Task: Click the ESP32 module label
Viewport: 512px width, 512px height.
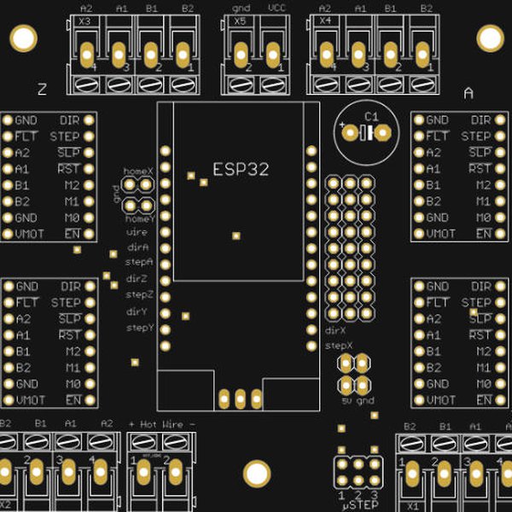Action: pos(241,169)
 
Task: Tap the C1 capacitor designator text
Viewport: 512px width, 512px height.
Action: pos(370,117)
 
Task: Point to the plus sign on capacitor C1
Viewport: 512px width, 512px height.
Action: pos(343,126)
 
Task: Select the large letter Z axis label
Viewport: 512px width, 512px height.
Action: pos(43,89)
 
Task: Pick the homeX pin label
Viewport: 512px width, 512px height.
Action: pos(138,172)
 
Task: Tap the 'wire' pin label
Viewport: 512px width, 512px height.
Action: pos(137,232)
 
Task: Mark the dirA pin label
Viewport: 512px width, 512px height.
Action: pos(138,247)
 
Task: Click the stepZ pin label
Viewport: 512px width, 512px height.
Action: pos(140,294)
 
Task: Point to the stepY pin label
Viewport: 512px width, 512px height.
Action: pos(140,328)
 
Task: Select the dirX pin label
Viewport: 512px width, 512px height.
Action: pos(335,330)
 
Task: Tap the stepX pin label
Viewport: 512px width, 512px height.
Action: pos(339,346)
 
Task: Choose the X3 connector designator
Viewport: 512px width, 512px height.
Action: pos(84,20)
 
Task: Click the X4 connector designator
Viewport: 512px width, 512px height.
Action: pos(324,20)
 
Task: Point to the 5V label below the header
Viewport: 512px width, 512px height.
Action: pos(346,400)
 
